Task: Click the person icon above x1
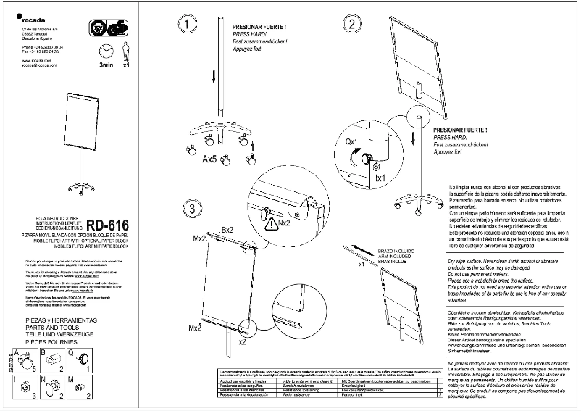[x=126, y=51]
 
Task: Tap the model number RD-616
[x=108, y=225]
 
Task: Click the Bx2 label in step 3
[x=227, y=230]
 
